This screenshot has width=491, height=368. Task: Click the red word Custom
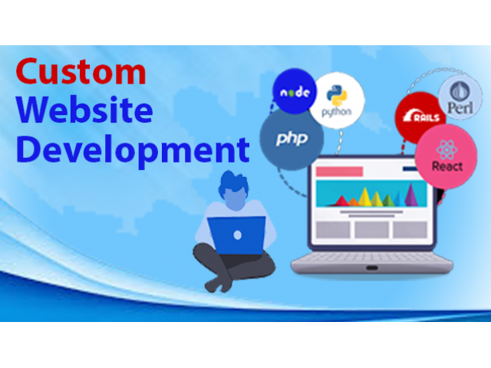[x=81, y=71]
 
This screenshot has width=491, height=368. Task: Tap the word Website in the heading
[x=84, y=110]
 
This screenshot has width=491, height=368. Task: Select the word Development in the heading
[x=133, y=149]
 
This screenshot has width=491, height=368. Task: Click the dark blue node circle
[x=295, y=90]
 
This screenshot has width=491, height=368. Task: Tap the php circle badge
[x=292, y=139]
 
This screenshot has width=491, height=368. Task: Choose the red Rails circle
[x=417, y=116]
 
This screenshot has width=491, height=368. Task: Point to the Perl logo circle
[x=460, y=98]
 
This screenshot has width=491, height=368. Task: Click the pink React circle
[x=447, y=156]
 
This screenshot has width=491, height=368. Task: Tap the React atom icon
[x=447, y=149]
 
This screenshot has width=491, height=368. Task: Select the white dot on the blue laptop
[x=237, y=235]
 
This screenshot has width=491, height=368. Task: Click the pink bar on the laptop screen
[x=339, y=172]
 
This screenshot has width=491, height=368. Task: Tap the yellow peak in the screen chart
[x=365, y=197]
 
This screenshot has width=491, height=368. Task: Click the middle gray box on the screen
[x=371, y=230]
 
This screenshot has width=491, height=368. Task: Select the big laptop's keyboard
[x=371, y=258]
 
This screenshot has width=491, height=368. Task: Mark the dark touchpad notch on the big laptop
[x=371, y=268]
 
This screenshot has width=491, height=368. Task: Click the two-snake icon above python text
[x=337, y=95]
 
